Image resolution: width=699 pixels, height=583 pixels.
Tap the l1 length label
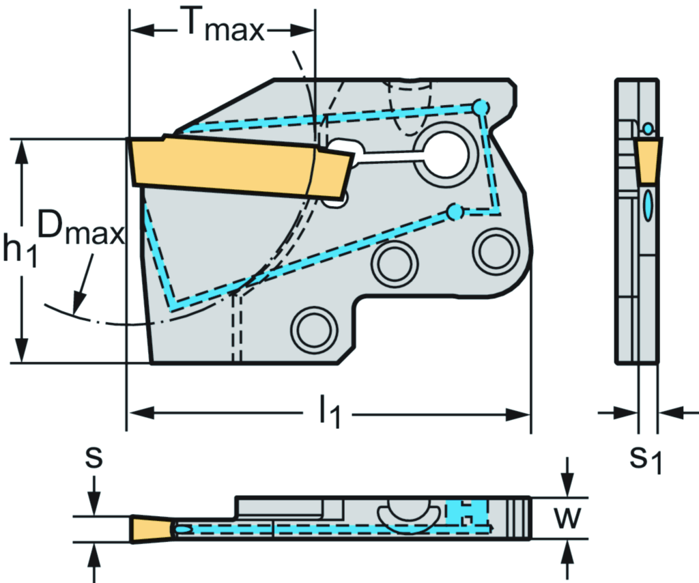coord(329,414)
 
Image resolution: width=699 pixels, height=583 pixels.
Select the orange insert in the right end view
coord(648,161)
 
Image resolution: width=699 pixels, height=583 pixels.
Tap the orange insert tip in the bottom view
coord(150,528)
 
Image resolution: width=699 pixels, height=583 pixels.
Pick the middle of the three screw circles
coord(394,262)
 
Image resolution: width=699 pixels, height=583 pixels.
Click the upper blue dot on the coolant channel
coord(481,107)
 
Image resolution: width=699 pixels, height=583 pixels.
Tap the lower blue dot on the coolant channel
coord(454,212)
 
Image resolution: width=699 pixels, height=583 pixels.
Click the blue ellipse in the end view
coord(648,205)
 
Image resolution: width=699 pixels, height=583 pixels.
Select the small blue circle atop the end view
coord(648,128)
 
